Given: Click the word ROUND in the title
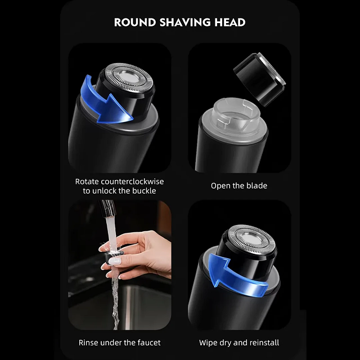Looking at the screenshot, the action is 135,22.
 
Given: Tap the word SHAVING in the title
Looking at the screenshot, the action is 185,22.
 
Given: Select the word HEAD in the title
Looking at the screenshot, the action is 230,22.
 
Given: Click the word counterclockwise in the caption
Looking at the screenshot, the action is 132,182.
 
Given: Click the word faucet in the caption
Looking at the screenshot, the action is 149,343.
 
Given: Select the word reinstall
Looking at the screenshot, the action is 264,343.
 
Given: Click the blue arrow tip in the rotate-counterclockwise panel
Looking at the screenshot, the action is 133,119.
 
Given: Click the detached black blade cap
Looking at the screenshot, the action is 259,79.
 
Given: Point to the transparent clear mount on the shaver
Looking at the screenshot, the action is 236,116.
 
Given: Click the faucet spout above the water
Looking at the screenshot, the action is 107,208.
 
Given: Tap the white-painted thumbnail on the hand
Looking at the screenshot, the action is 114,261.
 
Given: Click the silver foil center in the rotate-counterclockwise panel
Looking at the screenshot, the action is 129,78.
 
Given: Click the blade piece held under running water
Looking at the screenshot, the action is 113,256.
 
